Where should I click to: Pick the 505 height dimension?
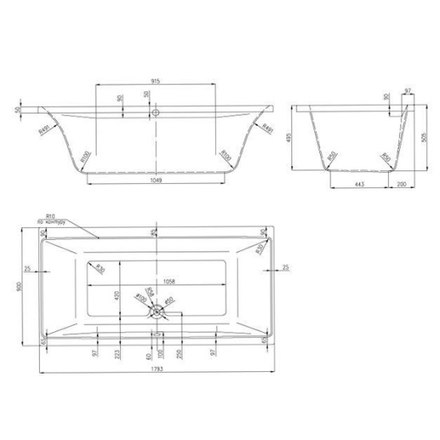[x=422, y=137]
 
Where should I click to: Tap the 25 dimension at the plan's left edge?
[x=28, y=269]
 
